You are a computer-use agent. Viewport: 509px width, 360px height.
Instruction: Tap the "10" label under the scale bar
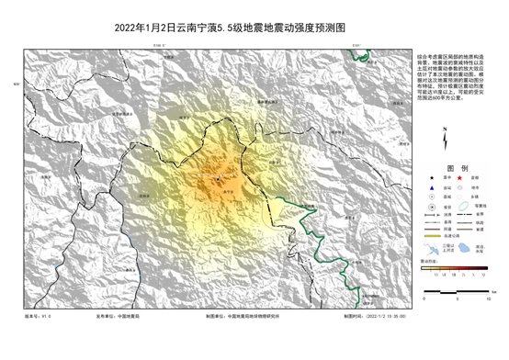pyautogui.click(x=488, y=298)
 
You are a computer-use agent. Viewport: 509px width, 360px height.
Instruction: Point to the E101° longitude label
pyautogui.click(x=356, y=45)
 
